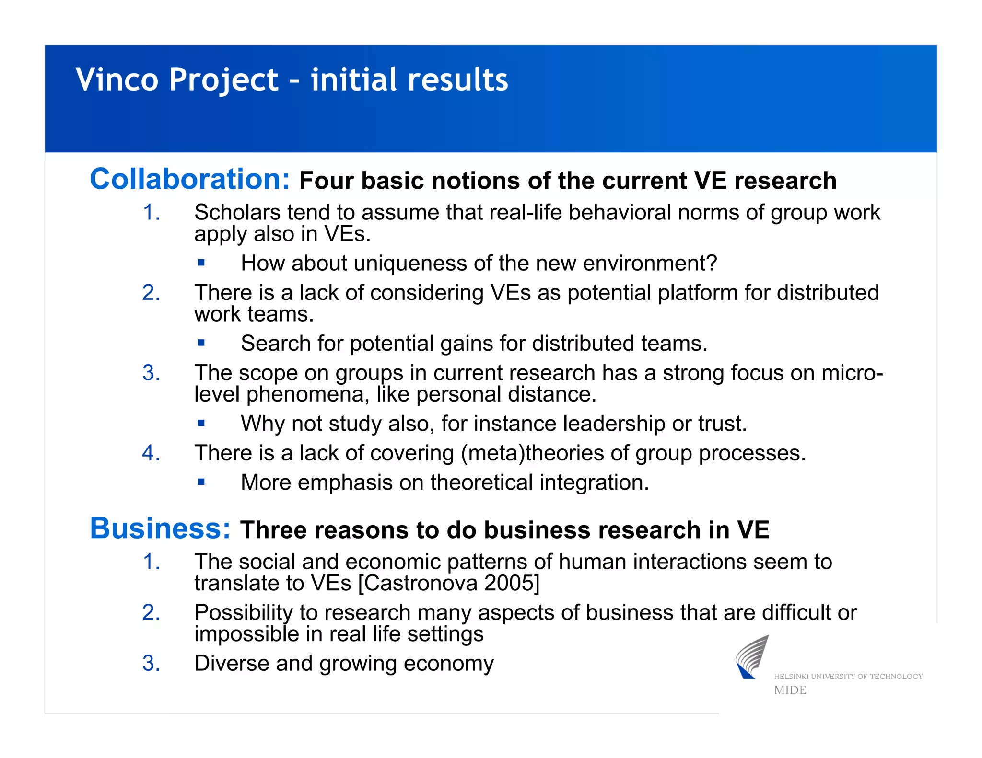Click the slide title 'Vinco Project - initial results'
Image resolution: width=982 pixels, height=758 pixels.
[x=292, y=80]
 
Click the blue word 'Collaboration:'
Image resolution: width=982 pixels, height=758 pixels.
[x=190, y=179]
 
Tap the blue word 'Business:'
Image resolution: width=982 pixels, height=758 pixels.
[x=160, y=528]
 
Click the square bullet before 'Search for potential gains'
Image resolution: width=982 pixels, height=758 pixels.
[x=201, y=343]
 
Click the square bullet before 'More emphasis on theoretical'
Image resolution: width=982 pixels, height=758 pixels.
[x=201, y=482]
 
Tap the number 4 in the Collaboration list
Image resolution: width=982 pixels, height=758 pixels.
[x=151, y=453]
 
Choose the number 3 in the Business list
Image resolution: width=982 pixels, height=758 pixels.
[x=151, y=663]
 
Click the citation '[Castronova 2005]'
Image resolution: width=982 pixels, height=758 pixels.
[x=449, y=583]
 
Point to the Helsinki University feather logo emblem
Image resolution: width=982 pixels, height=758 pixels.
[x=752, y=657]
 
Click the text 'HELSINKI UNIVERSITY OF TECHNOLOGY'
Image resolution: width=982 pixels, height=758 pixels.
[x=848, y=677]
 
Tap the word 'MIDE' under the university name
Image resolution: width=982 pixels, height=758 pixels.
[x=790, y=690]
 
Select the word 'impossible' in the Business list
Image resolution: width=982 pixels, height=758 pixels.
[x=246, y=634]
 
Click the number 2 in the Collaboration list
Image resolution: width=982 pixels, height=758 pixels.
[x=151, y=292]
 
